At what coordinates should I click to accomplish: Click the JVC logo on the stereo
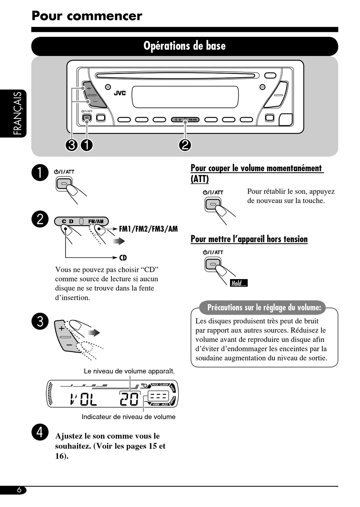(x=120, y=93)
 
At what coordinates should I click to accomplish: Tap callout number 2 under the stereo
(x=185, y=145)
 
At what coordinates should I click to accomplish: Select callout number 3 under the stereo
(x=72, y=145)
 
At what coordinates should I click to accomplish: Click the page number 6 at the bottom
(x=19, y=490)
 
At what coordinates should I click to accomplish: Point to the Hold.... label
(x=239, y=283)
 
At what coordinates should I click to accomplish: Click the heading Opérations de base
(x=185, y=46)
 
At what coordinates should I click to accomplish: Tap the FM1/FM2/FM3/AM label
(x=148, y=229)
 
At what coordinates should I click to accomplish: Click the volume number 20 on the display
(x=130, y=399)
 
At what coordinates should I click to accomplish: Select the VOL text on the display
(x=84, y=399)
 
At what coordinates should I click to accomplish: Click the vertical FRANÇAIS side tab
(x=18, y=114)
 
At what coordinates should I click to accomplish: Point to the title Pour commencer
(x=87, y=16)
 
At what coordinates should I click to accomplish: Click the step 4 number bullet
(x=40, y=432)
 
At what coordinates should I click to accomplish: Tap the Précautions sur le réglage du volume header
(x=264, y=307)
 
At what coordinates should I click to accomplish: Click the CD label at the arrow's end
(x=123, y=258)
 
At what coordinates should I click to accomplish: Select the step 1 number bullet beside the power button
(x=40, y=173)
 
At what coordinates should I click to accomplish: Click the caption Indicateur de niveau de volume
(x=128, y=417)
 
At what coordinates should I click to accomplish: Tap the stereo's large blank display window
(x=185, y=97)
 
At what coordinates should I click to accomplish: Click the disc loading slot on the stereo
(x=177, y=75)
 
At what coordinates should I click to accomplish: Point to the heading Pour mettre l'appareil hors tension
(x=249, y=239)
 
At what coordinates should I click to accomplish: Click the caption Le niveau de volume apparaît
(x=129, y=371)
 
